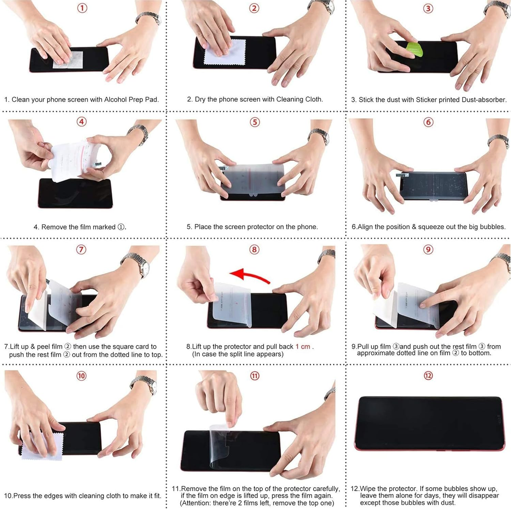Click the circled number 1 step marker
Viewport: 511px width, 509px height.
(82, 8)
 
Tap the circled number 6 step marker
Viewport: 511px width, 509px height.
(428, 122)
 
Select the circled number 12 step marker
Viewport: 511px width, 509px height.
(428, 376)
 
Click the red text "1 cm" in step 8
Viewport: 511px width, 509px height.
(303, 347)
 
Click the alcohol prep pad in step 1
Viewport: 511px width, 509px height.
(68, 60)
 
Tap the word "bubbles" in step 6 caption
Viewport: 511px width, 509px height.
(492, 227)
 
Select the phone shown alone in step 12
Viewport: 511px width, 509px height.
(429, 423)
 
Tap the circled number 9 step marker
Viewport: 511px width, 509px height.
(428, 249)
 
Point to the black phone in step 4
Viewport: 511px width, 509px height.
(75, 193)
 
